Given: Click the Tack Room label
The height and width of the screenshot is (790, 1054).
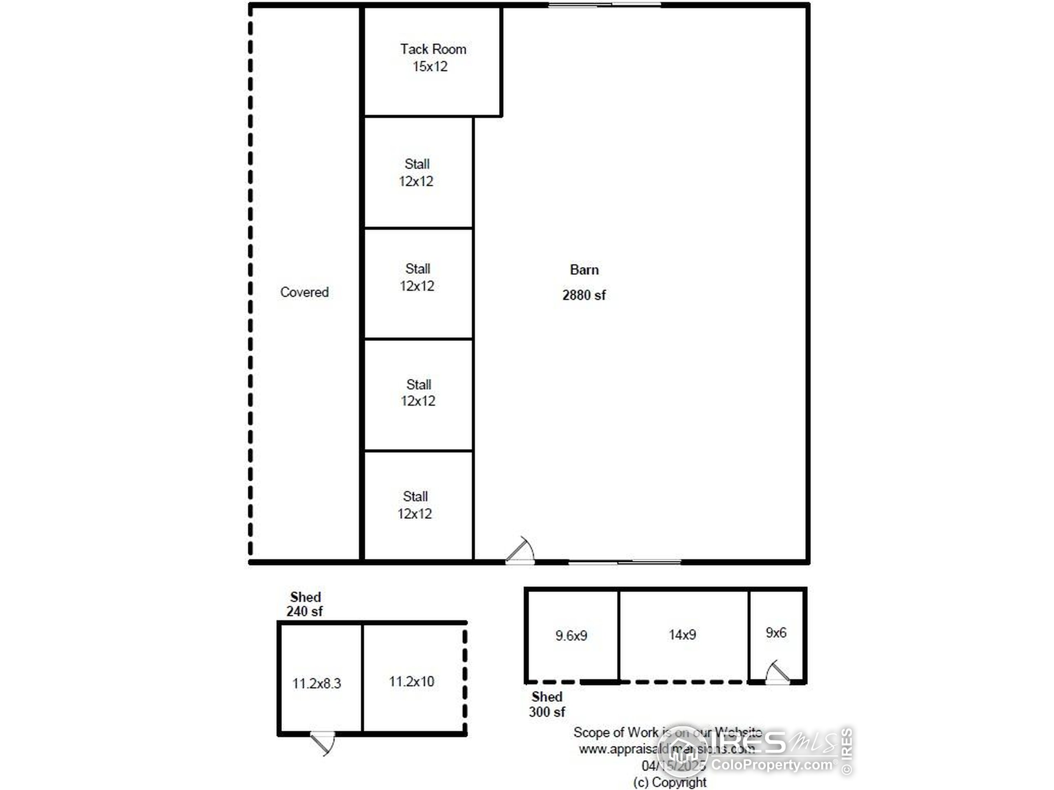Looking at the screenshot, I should [433, 49].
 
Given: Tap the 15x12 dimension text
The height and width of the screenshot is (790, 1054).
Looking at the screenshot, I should [430, 67].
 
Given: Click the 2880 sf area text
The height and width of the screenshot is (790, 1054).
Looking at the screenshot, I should [584, 295].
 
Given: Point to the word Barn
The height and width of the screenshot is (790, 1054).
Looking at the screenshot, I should [584, 270].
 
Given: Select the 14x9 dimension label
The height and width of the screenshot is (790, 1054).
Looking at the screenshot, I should [682, 635].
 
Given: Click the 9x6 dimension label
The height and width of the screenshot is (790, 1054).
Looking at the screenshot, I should [776, 633].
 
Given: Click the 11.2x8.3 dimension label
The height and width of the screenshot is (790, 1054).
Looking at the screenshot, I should [316, 684].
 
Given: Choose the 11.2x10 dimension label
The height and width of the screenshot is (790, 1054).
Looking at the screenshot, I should [411, 682].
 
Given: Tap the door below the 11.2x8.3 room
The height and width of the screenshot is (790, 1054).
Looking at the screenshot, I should [323, 743].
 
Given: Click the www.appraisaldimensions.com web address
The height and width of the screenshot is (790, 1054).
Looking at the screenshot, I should [666, 749].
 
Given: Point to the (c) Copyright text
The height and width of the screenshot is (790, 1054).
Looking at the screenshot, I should [669, 782].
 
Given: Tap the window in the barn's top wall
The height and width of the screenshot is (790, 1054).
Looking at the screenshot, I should [604, 5].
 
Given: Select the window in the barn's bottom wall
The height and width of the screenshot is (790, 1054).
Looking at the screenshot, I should [624, 562].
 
